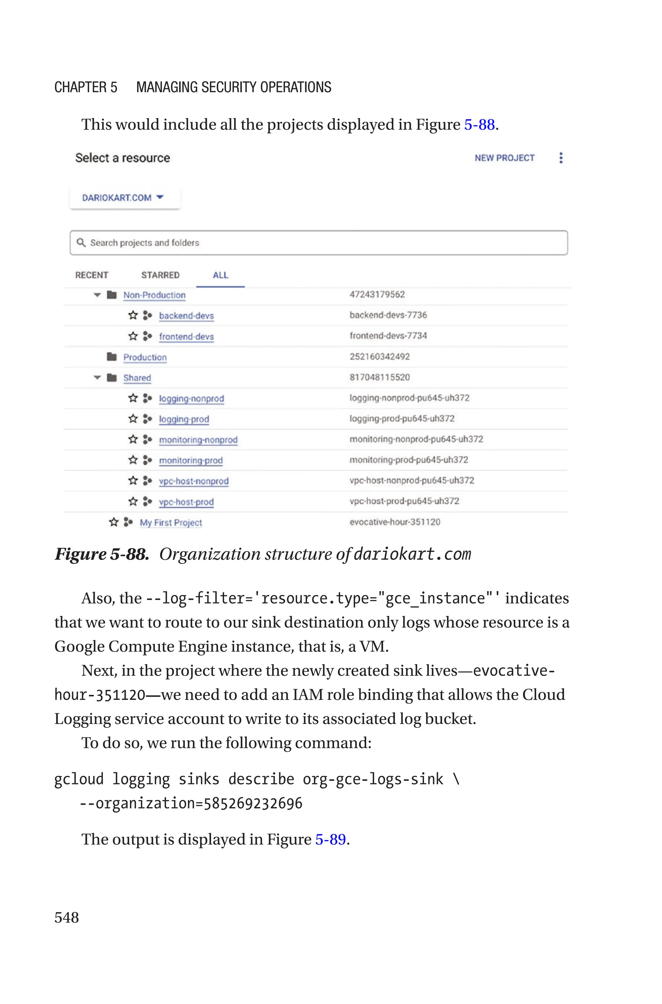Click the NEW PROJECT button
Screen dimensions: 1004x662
(504, 158)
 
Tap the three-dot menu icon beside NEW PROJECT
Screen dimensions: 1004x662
(561, 158)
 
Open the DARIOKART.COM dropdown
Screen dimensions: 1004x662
(123, 198)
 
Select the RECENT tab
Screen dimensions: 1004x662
(91, 275)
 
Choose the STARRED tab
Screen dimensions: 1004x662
(160, 275)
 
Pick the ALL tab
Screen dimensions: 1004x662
(220, 275)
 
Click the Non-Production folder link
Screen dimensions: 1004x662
(154, 295)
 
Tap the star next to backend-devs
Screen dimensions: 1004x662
(133, 315)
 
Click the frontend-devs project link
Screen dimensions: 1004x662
(186, 337)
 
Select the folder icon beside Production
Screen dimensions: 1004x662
(112, 357)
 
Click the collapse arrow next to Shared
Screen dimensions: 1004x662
(97, 377)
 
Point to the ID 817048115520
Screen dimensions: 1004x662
(379, 377)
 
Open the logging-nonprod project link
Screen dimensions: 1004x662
(191, 399)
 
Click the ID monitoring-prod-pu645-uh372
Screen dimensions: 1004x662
(409, 460)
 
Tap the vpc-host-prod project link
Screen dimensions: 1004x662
(186, 502)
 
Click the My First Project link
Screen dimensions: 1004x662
(171, 523)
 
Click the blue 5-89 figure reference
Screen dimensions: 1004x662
(331, 839)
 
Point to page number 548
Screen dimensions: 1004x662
(67, 917)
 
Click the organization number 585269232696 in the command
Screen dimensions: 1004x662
(253, 804)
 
